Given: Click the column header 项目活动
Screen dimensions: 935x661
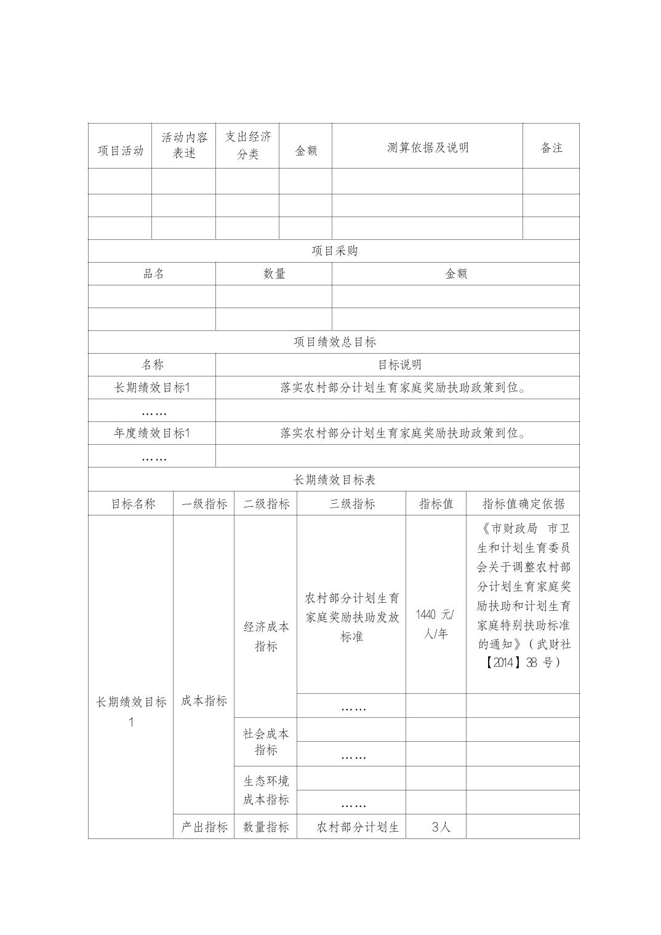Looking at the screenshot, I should tap(120, 150).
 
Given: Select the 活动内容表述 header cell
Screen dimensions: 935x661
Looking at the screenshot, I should tap(184, 145).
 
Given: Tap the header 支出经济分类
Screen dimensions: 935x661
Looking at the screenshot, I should tap(247, 145).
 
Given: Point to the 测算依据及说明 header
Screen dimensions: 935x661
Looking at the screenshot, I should tap(428, 148).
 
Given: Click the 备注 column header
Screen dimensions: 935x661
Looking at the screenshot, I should tap(551, 148).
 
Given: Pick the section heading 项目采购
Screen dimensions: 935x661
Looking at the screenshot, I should tap(334, 251).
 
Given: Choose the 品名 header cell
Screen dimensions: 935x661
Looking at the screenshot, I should tap(153, 274).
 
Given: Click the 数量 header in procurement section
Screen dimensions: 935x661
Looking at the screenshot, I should tap(274, 274).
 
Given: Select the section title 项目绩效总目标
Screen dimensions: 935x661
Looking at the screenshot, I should tap(334, 342).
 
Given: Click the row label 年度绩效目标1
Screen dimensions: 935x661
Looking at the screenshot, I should tap(152, 433).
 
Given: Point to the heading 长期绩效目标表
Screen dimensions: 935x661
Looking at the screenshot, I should tap(334, 479).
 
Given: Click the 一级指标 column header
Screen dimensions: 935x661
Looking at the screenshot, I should tap(204, 504).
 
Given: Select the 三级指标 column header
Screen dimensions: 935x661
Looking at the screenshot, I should tap(351, 504).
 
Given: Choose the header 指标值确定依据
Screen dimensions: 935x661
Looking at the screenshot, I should tap(523, 504).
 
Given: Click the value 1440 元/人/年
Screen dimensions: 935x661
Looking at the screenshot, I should tap(435, 624).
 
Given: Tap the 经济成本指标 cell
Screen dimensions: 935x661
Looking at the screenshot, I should tap(266, 636).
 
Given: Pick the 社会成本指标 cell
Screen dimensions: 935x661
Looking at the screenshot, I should tap(266, 741).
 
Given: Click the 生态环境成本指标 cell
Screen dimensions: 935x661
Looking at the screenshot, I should tap(266, 790).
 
